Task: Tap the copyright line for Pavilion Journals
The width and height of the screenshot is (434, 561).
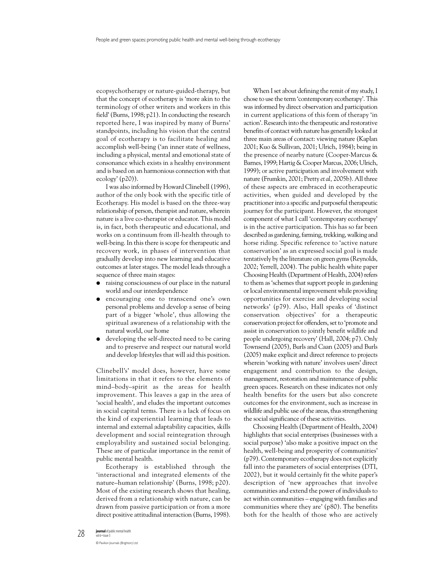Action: [x=117, y=543]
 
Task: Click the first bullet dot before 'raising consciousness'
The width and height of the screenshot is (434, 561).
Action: [x=98, y=283]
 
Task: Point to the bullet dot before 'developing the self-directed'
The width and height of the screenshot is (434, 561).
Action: [x=98, y=339]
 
